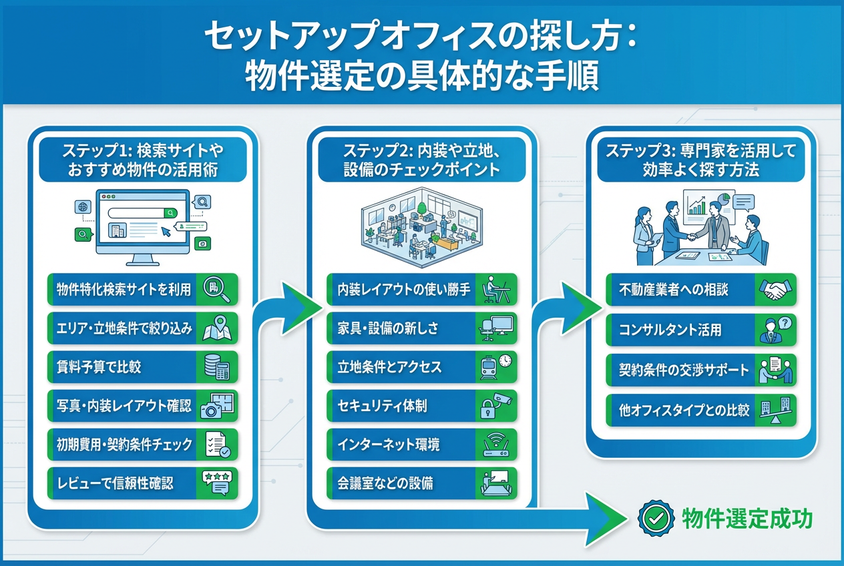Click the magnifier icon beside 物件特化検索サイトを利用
click(217, 289)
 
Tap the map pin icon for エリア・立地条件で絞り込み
click(217, 328)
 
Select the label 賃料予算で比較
click(99, 366)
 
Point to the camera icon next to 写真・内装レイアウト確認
click(217, 405)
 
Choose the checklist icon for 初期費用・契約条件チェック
click(217, 445)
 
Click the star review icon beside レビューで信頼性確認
click(217, 483)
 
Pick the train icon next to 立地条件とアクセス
click(496, 366)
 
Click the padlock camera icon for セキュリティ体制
click(496, 405)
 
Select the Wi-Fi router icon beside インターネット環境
click(496, 444)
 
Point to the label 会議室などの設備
click(385, 483)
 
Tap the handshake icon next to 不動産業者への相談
click(775, 290)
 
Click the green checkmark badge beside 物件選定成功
click(656, 517)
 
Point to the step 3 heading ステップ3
click(634, 151)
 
